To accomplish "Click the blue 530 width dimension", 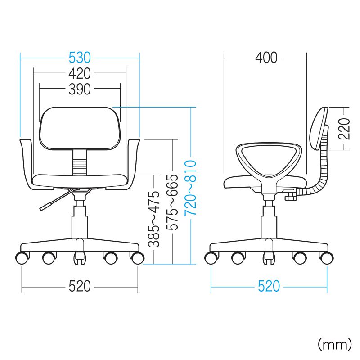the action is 80,58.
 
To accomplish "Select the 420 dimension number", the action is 80,73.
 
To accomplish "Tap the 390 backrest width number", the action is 80,89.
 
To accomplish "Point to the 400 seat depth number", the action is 266,58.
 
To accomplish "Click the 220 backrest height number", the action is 344,129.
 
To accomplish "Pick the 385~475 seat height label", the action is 153,219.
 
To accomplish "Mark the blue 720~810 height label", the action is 190,188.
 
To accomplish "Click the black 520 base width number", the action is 80,286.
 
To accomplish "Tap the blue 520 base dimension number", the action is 269,286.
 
